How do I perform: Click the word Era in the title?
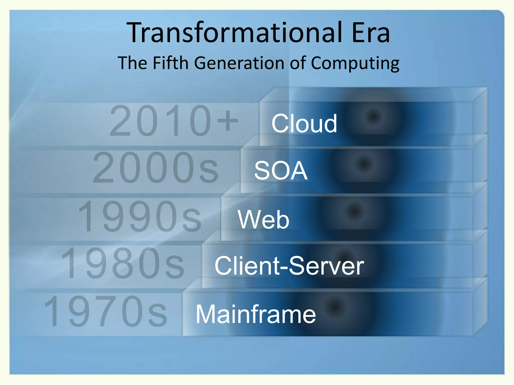(x=371, y=33)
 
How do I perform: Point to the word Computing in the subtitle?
(x=355, y=63)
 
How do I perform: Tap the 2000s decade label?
(x=156, y=168)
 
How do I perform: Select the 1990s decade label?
(x=140, y=216)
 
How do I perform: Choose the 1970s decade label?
(x=105, y=311)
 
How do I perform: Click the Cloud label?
(x=304, y=123)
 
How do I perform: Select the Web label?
(x=264, y=220)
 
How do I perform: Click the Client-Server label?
(x=289, y=266)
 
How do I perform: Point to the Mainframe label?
(x=255, y=314)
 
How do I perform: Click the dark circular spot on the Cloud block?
(x=373, y=116)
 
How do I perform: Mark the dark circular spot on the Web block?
(x=354, y=211)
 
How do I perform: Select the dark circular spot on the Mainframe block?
(x=335, y=306)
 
